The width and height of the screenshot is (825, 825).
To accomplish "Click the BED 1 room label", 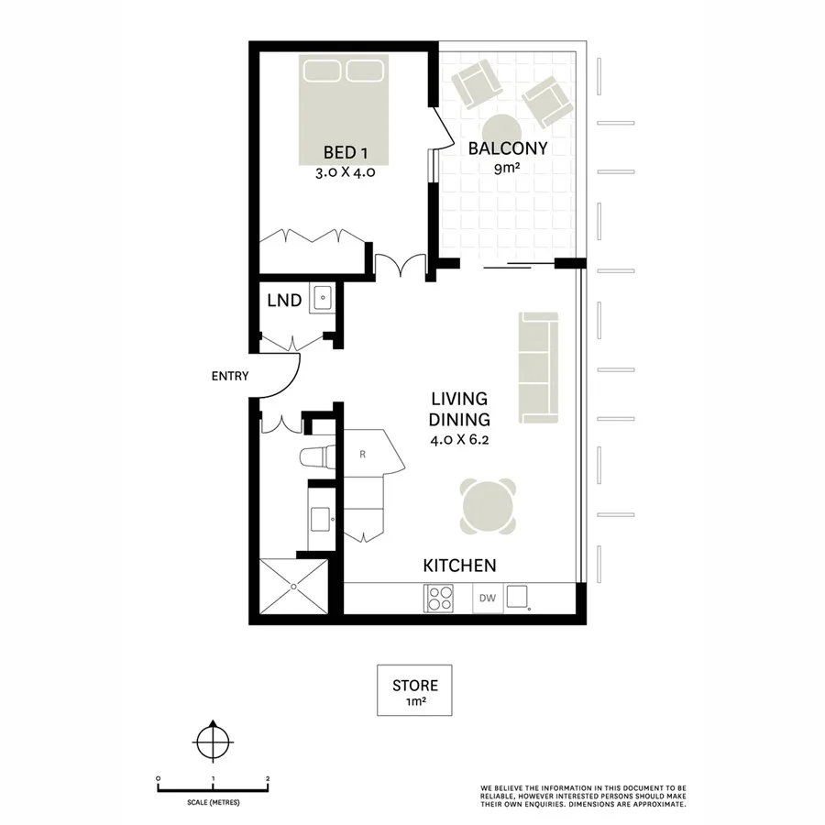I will (344, 152).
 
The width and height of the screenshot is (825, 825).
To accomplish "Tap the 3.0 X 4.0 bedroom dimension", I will (344, 170).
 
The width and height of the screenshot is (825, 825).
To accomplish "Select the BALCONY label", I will (508, 148).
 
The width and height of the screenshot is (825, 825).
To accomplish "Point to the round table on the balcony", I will (501, 128).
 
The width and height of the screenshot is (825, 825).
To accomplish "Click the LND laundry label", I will (284, 300).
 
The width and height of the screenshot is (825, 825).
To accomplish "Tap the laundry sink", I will (323, 298).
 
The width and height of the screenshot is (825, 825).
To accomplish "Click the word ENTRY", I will (229, 376).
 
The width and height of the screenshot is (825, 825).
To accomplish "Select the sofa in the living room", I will (538, 368).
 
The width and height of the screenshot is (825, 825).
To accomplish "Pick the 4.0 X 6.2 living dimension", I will (460, 440).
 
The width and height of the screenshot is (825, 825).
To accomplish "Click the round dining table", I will (488, 506).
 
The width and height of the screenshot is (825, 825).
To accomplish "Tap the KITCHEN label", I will (459, 566).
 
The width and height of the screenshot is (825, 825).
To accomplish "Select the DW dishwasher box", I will (488, 599).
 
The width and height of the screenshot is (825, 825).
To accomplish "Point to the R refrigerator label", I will (363, 454).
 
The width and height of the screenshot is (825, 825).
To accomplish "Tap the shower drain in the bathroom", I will (293, 588).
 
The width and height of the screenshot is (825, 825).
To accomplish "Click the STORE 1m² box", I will (415, 690).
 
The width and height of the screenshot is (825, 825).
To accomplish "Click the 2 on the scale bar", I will (267, 778).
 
